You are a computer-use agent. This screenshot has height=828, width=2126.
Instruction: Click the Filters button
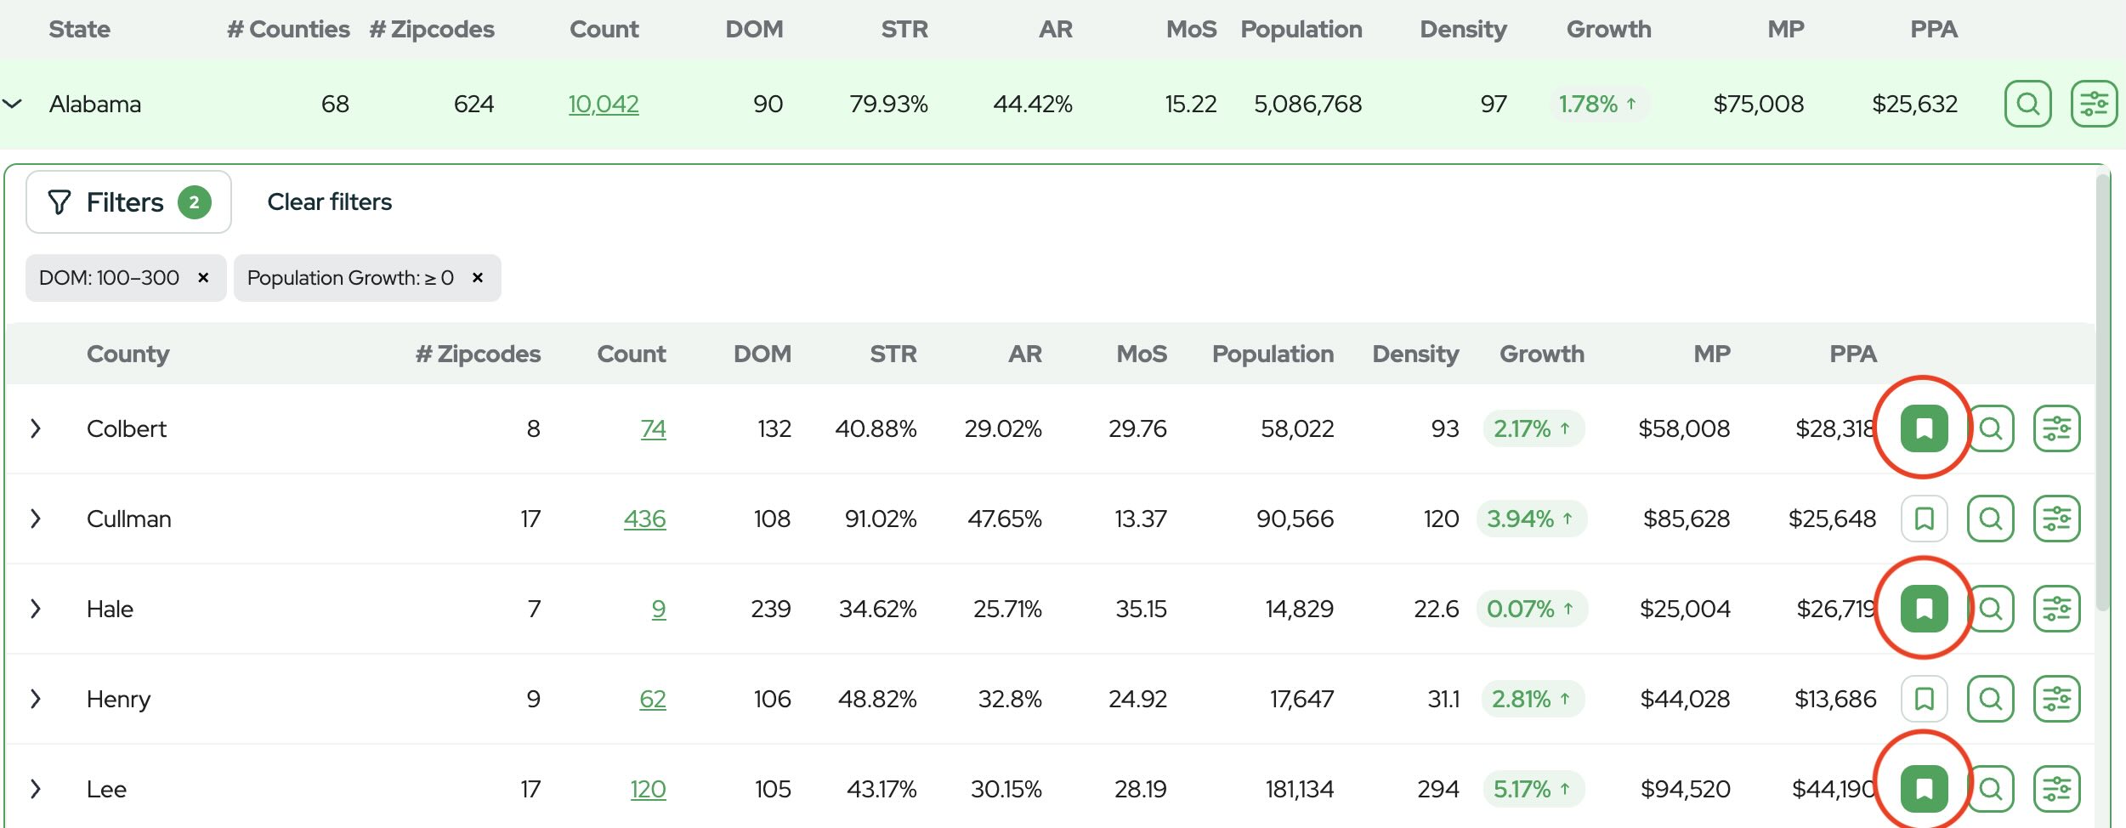(x=128, y=202)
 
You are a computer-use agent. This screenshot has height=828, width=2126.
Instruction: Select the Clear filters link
(x=330, y=202)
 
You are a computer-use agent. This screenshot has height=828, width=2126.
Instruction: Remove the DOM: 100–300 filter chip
(x=203, y=278)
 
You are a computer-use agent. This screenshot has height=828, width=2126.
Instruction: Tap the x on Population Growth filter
(x=478, y=278)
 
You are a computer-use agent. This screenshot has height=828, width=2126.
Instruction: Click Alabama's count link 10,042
(x=604, y=104)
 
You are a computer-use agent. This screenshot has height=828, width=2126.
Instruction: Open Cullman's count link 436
(x=645, y=519)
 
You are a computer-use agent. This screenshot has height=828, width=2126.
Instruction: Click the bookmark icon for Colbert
(x=1924, y=428)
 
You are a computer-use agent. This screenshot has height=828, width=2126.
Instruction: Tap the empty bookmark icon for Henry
(x=1924, y=699)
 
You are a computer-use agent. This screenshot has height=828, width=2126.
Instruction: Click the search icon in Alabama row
(x=2028, y=104)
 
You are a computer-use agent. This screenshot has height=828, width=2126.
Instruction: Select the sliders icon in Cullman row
(x=2057, y=519)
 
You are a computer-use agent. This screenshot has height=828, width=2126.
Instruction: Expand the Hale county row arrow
(x=36, y=609)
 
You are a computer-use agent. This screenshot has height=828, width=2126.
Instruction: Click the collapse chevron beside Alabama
(x=12, y=104)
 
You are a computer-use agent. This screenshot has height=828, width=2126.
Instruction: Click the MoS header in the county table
(x=1142, y=354)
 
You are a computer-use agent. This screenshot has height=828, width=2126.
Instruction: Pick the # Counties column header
(x=288, y=30)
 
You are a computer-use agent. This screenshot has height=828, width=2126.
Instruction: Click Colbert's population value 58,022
(x=1297, y=428)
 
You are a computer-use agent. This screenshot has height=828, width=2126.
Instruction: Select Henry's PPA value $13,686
(x=1835, y=699)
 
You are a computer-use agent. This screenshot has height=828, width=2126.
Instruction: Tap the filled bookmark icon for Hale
(x=1924, y=609)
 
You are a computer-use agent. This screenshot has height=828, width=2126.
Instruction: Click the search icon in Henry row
(x=1991, y=699)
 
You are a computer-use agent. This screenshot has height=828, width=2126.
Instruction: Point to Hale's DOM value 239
(x=771, y=609)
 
